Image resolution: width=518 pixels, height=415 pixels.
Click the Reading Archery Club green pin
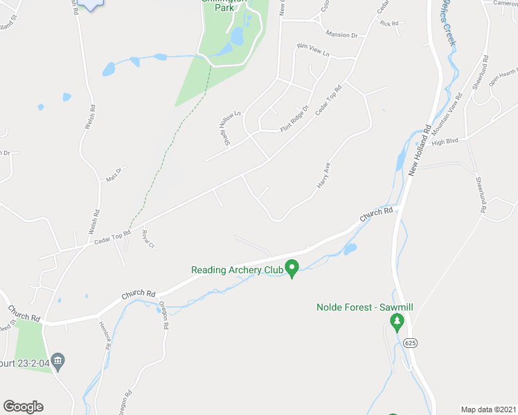(292, 268)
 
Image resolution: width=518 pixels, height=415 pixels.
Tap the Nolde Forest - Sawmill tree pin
(397, 322)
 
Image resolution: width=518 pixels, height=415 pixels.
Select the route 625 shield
(411, 344)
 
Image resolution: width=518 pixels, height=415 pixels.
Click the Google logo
(23, 407)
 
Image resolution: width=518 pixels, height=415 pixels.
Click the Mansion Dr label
(341, 35)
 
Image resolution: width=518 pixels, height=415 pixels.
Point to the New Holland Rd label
(420, 149)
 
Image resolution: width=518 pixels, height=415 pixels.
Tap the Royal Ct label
(147, 239)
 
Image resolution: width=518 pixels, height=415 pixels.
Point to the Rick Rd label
(389, 24)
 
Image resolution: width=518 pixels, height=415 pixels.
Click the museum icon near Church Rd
(59, 360)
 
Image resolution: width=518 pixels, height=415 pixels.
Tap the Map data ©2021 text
(488, 409)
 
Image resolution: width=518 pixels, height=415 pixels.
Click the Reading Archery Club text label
(236, 270)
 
